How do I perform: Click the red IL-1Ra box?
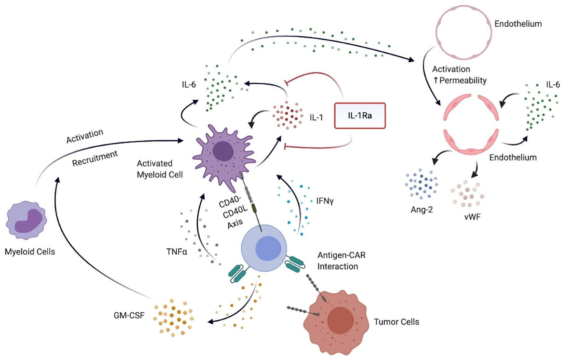point(360,116)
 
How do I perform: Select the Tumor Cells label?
point(396,322)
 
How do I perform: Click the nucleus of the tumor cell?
point(340,320)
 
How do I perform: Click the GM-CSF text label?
point(129,315)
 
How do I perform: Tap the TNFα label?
point(177,252)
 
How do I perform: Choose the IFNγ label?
point(325,201)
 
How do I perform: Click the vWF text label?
point(472,217)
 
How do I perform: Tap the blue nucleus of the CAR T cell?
point(268,248)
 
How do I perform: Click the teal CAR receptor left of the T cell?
point(237,273)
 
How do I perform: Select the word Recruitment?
point(95,158)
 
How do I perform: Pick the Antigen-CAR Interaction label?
point(341,261)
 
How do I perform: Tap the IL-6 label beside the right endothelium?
point(553,85)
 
